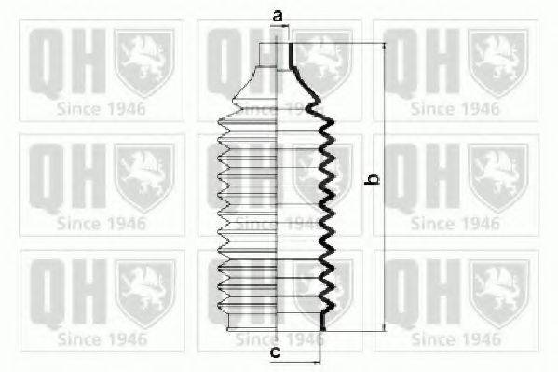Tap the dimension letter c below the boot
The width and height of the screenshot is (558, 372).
point(276,352)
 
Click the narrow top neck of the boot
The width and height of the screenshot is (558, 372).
point(284,56)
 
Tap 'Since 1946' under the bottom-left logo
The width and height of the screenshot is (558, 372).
point(101,338)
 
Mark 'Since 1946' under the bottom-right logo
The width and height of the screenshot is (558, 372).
point(456,338)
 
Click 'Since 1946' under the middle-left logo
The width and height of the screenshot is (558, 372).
point(101,224)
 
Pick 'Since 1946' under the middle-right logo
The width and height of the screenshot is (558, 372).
point(456,224)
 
